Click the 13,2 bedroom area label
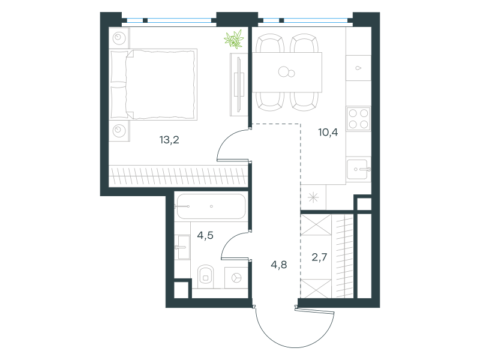[169, 140]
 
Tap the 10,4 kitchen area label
[328, 132]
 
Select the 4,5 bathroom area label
[205, 235]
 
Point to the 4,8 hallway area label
[279, 265]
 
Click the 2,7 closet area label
[319, 257]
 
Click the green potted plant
[234, 39]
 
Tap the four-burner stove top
[358, 118]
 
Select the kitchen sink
[358, 169]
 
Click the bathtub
[211, 206]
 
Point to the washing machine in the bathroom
[236, 278]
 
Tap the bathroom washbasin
[183, 247]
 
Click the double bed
[153, 84]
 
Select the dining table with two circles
[287, 72]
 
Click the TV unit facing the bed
[239, 85]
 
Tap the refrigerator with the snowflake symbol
[313, 197]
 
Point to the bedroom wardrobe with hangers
[178, 176]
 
